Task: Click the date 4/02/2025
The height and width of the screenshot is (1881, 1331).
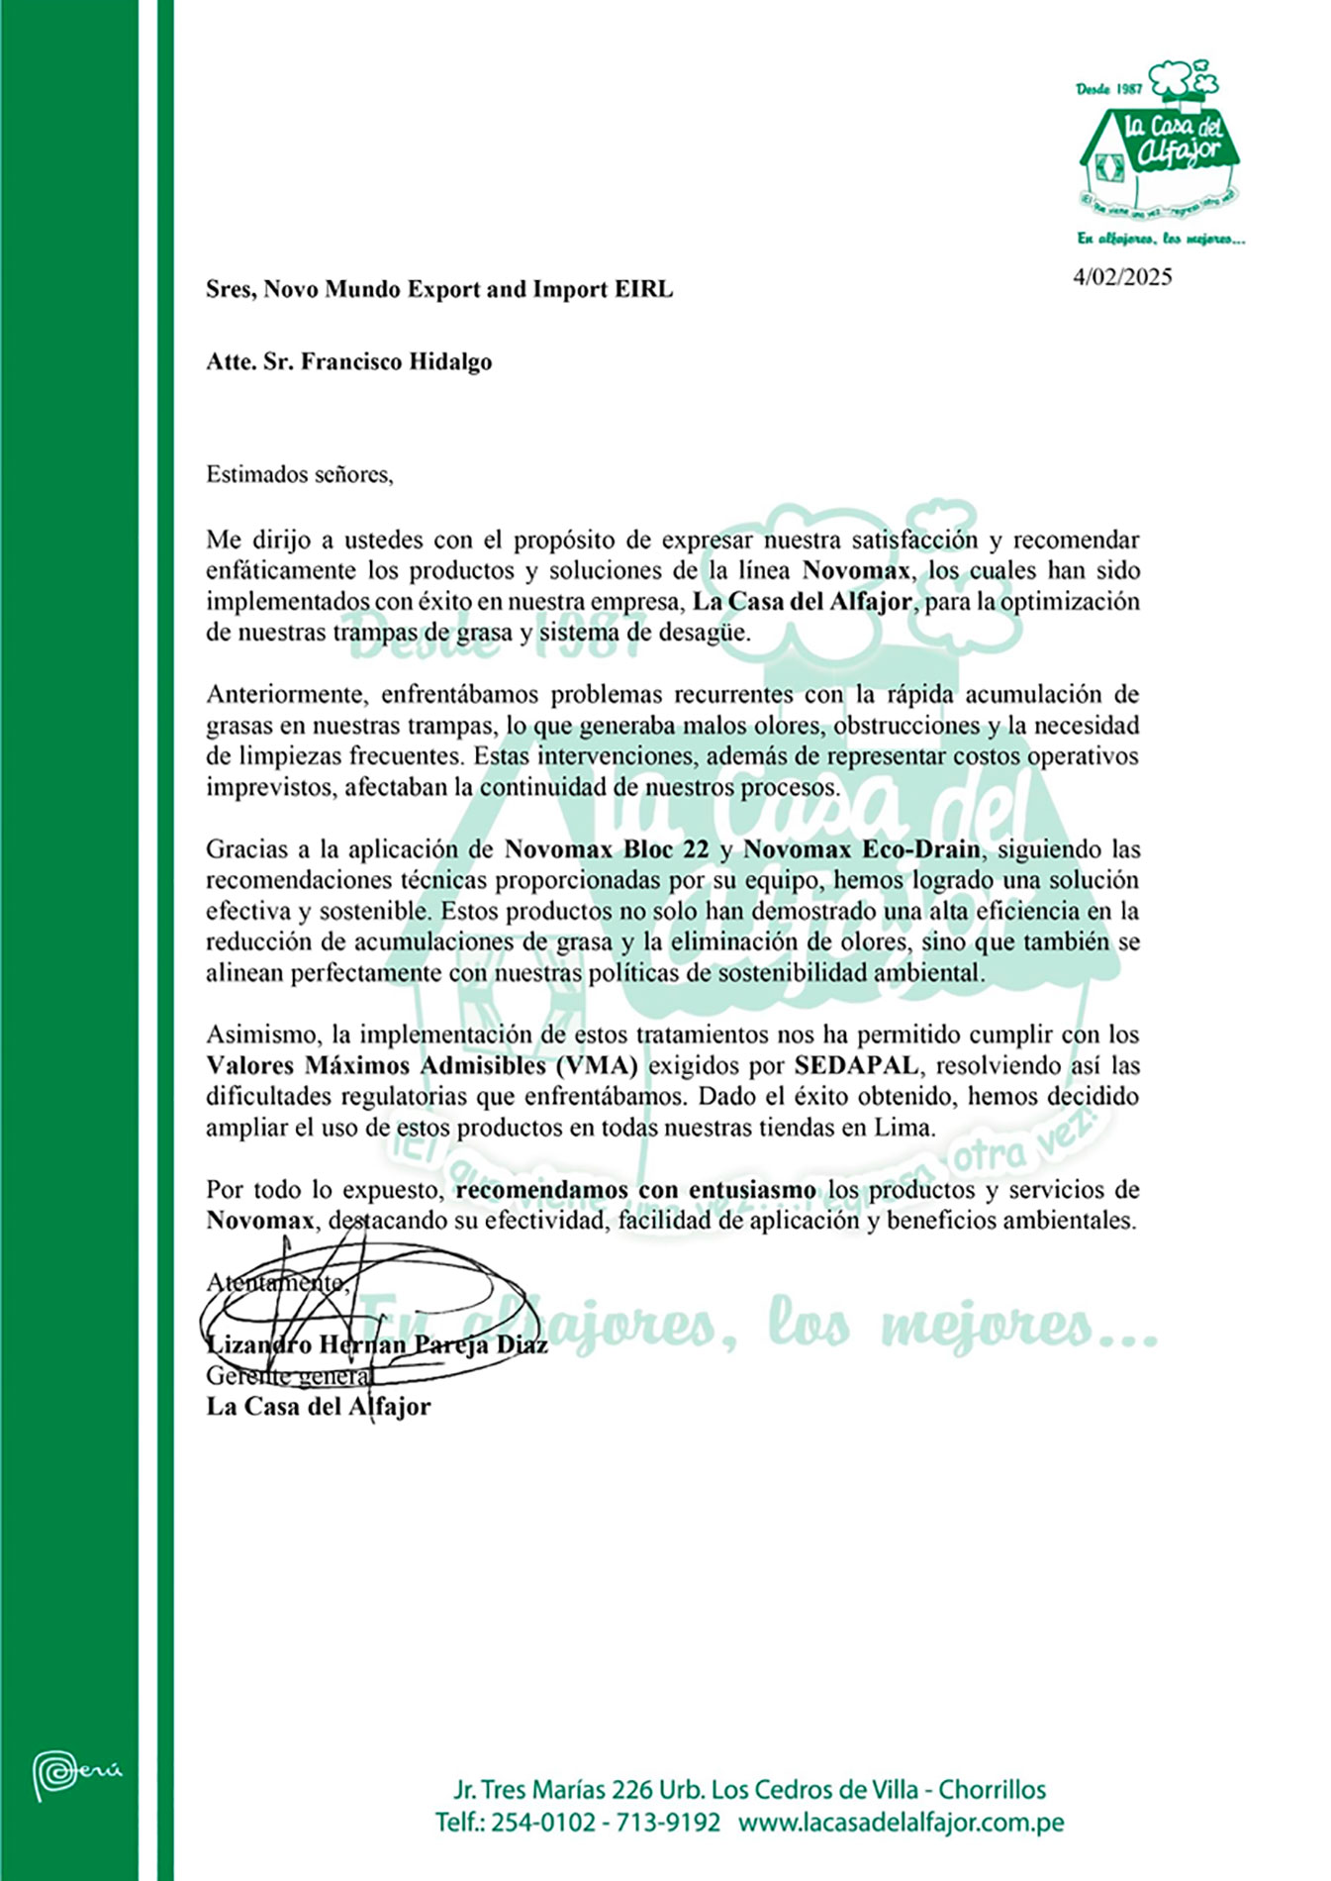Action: tap(1122, 277)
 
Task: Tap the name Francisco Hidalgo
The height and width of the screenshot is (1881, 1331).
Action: tap(396, 362)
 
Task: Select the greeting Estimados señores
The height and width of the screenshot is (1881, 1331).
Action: tap(299, 474)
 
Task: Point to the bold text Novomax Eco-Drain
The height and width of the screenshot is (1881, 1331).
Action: tap(861, 849)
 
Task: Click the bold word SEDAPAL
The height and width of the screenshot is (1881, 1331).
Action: tap(857, 1066)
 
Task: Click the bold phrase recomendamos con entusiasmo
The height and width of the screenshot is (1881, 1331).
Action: tap(636, 1190)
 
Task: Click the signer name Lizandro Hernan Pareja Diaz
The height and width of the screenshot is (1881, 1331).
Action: tap(376, 1344)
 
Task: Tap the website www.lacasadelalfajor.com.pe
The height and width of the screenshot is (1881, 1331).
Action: tap(901, 1823)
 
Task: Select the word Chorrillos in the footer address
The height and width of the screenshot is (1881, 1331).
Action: tap(992, 1790)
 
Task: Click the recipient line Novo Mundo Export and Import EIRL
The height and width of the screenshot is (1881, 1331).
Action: tap(468, 290)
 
